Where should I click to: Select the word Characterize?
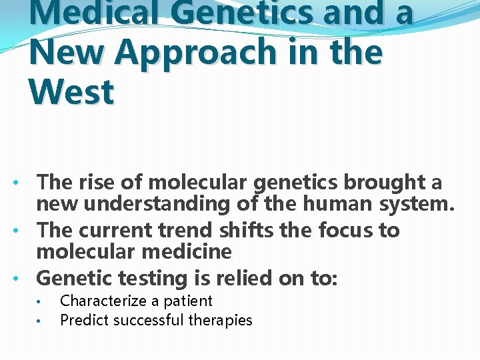101,301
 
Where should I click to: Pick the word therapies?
220,320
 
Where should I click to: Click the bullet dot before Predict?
41,321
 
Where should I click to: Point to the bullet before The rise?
23,183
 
